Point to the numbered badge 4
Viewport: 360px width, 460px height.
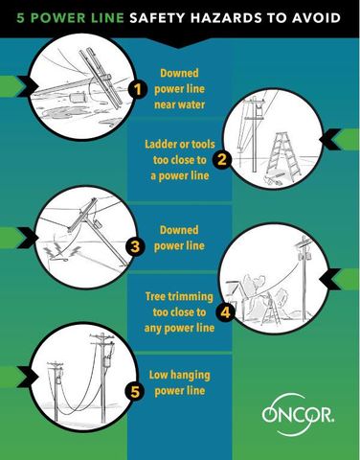[225, 311]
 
